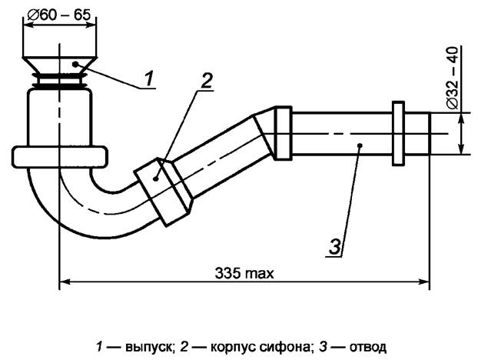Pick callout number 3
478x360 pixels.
tap(335, 245)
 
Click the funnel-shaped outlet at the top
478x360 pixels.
tap(61, 58)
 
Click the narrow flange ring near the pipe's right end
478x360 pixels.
tap(398, 132)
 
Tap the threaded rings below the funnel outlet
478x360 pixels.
tap(60, 80)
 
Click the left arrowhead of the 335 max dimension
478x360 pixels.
tap(64, 282)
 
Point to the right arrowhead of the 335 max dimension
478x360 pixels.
tap(424, 282)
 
